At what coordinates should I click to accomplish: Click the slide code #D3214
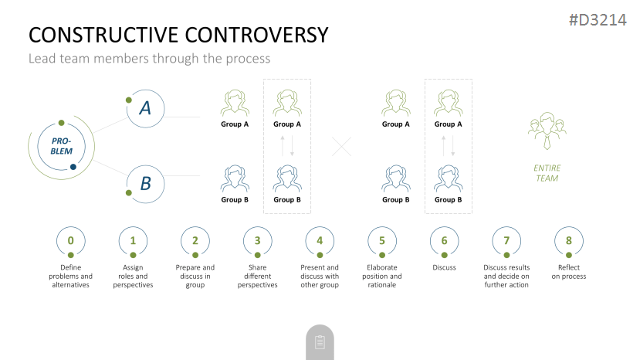[x=598, y=19]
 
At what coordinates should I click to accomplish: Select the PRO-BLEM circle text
[x=62, y=146]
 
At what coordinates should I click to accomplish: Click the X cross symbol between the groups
[x=342, y=147]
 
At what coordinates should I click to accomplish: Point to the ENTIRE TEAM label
[x=547, y=173]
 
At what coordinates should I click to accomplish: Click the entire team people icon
[x=547, y=131]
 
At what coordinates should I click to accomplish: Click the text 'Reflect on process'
[x=568, y=272]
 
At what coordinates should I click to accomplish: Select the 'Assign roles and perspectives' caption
[x=133, y=277]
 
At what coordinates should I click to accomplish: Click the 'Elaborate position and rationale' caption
[x=382, y=277]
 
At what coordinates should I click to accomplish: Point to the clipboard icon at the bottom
[x=320, y=342]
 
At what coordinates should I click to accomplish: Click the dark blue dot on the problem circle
[x=73, y=167]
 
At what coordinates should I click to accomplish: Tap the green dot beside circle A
[x=129, y=100]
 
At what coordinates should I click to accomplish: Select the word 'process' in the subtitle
[x=248, y=59]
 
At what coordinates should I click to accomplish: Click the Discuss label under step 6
[x=444, y=267]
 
